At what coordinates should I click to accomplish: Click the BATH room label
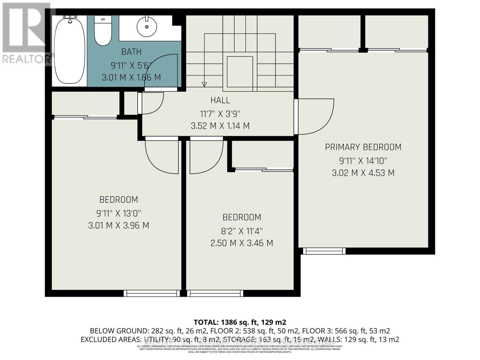131,52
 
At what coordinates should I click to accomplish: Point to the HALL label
220,100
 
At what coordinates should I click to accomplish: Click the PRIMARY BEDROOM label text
363,147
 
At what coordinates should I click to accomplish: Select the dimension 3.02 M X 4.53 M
363,173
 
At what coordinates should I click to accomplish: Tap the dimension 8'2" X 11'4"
242,231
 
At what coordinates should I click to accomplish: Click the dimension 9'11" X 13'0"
118,214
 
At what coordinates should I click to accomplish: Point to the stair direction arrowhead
204,84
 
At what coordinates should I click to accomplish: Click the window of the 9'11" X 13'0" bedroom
152,293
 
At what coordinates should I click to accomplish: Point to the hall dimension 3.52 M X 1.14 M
220,126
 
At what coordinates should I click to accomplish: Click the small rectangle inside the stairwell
240,71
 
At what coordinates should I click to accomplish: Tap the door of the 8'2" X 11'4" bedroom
205,156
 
